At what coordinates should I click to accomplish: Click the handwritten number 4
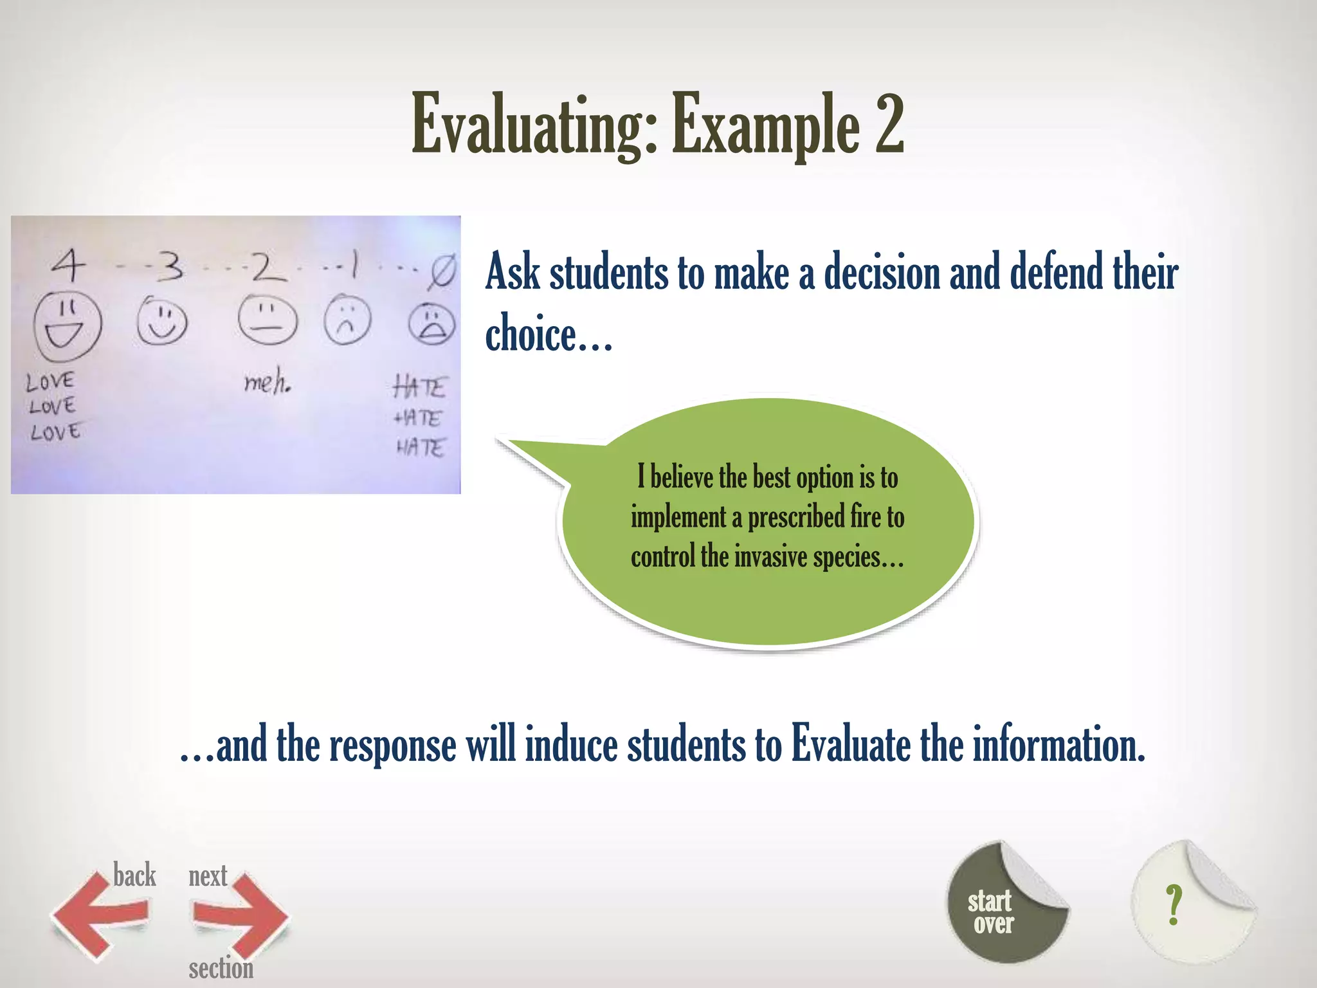[x=68, y=264]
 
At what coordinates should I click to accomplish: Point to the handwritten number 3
[x=170, y=266]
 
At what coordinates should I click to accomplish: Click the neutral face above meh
[x=268, y=320]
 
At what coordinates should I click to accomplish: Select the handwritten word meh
[x=267, y=383]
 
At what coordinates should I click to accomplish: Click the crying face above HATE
[x=431, y=325]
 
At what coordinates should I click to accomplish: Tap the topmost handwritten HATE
[x=419, y=387]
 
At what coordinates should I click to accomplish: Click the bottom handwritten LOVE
[x=55, y=432]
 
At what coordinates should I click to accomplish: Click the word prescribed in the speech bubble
[x=796, y=517]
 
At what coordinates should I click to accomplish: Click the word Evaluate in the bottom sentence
[x=850, y=744]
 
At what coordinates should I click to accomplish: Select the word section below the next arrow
[x=221, y=967]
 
